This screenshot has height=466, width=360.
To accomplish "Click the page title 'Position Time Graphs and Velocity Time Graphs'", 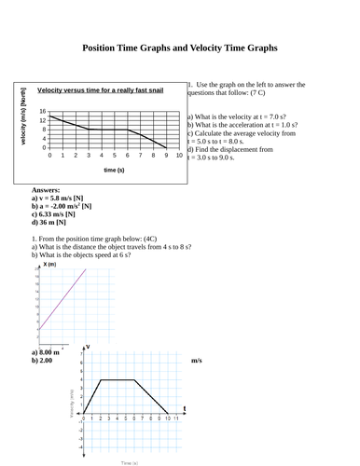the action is (180, 48).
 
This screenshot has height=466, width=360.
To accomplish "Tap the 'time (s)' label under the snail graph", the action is (115, 171).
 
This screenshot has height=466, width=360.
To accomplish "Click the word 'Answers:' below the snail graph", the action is (46, 189).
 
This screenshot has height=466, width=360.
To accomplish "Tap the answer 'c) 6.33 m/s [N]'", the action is (56, 214).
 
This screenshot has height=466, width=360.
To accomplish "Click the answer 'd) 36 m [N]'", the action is (48, 223).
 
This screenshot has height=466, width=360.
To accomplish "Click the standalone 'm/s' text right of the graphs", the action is (197, 360).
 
